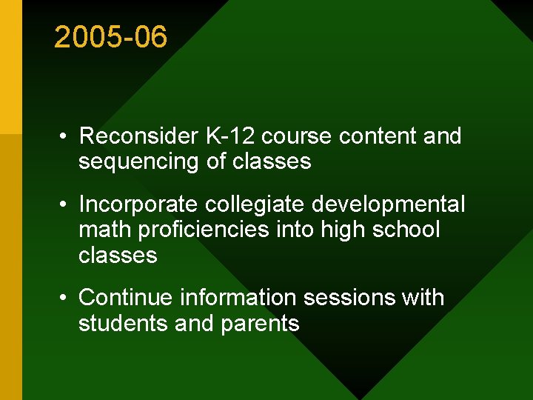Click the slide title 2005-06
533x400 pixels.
(x=111, y=37)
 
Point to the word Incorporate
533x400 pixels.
(x=138, y=204)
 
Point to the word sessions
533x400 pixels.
(x=355, y=298)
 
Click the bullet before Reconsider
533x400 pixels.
(x=65, y=137)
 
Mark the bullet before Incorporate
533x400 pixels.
(x=65, y=204)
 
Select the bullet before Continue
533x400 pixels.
(x=65, y=299)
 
